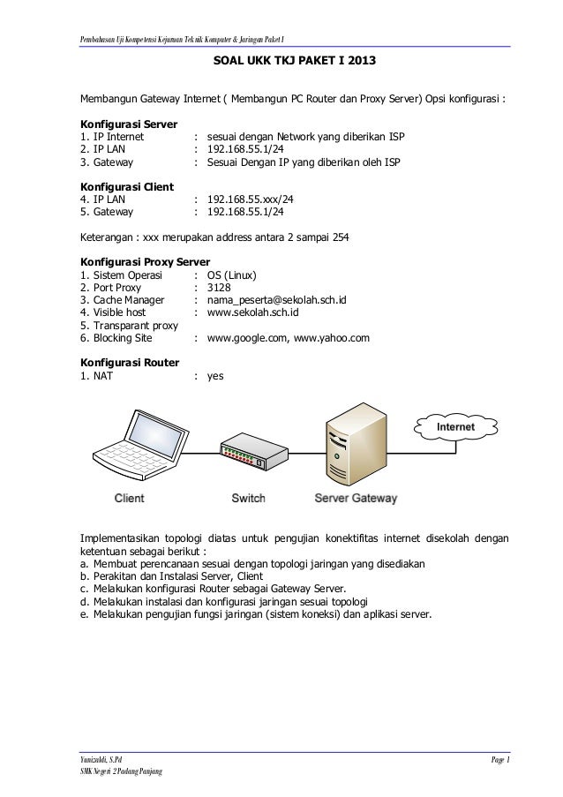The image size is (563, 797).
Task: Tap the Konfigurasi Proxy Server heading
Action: coord(144,262)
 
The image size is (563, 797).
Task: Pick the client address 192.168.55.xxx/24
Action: coord(250,199)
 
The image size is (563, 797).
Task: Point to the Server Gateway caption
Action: coord(356,499)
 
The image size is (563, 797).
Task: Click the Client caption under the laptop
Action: coord(129,499)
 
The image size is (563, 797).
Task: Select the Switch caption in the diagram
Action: coord(248,499)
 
